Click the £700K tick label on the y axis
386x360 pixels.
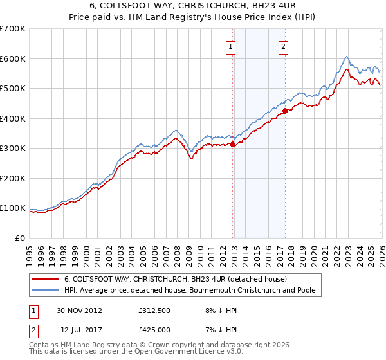click(12, 29)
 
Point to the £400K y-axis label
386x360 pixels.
click(12, 118)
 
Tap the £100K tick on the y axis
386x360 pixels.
click(12, 208)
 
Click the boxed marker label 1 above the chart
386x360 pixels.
click(230, 46)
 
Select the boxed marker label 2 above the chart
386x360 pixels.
click(283, 46)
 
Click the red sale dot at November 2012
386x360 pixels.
click(232, 145)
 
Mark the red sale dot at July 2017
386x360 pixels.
click(284, 111)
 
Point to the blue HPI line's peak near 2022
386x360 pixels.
click(346, 57)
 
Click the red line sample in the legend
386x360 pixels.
click(46, 280)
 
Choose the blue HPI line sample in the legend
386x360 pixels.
click(46, 291)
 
